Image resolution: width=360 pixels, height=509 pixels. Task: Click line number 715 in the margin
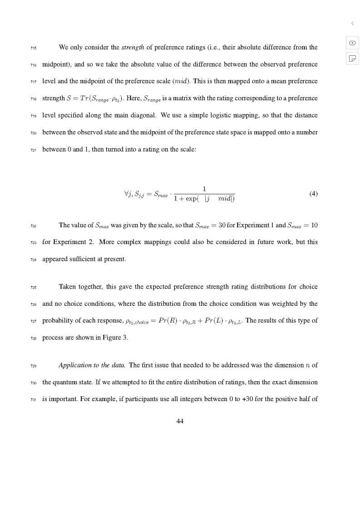click(x=34, y=48)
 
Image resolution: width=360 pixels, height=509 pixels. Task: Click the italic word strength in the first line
click(x=133, y=47)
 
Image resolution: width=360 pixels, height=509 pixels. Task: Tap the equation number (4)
click(x=313, y=194)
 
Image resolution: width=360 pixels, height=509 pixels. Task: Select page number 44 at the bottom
click(x=180, y=421)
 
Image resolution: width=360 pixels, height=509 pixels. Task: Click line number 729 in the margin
click(x=34, y=366)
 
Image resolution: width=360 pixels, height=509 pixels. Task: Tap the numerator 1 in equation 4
click(x=204, y=189)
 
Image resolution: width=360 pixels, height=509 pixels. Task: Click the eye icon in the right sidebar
click(x=352, y=43)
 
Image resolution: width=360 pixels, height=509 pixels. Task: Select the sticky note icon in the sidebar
click(x=352, y=58)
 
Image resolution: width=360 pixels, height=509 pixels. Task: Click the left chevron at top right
click(x=352, y=23)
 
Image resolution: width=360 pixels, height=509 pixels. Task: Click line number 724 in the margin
click(x=34, y=259)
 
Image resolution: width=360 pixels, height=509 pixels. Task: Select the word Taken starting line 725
click(x=68, y=287)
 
